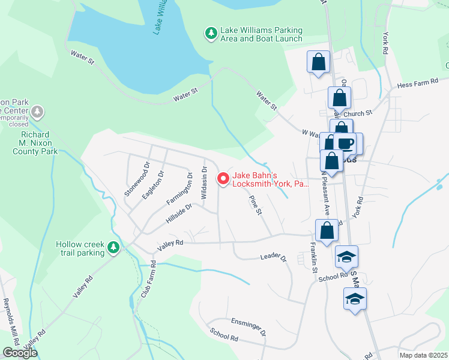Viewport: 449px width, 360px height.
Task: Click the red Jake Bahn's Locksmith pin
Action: click(223, 178)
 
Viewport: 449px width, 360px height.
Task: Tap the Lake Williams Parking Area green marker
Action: click(211, 34)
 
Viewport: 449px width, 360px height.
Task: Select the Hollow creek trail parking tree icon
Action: click(113, 247)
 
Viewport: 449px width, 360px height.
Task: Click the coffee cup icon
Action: click(346, 144)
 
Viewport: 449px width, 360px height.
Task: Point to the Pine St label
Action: click(255, 203)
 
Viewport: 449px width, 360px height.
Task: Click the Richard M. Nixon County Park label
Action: click(35, 143)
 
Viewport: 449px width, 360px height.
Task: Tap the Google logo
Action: click(19, 353)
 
